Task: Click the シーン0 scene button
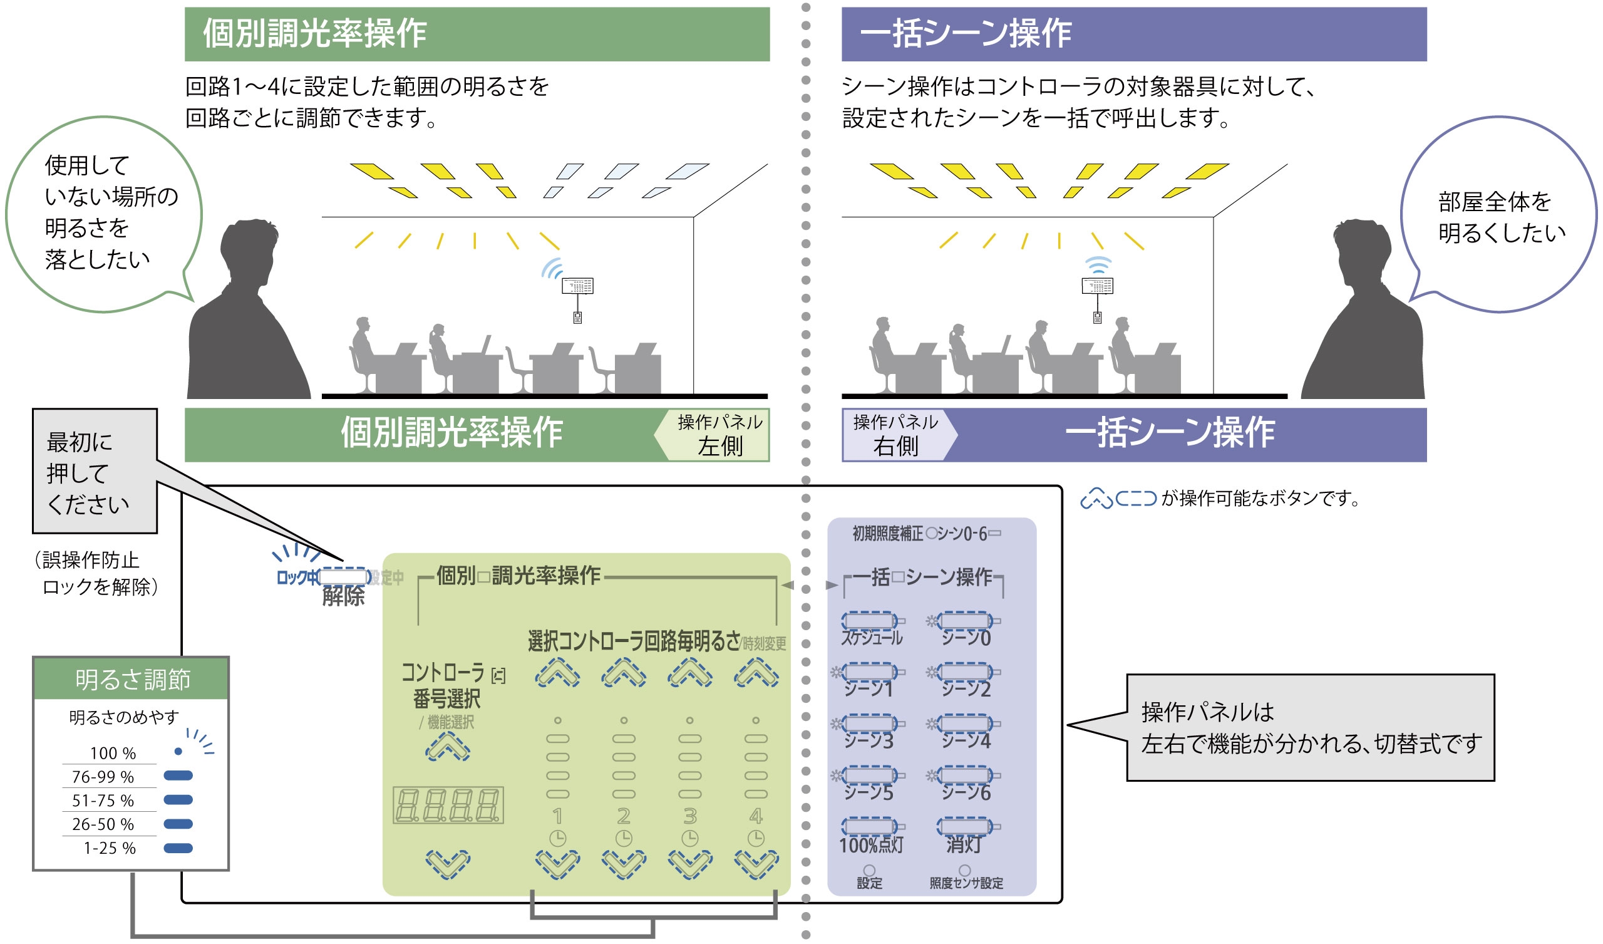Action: pos(965,621)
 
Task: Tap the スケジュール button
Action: pos(870,621)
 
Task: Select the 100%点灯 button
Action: pos(870,827)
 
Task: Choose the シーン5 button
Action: pos(870,775)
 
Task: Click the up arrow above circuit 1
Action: pos(557,673)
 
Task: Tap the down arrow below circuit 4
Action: pos(756,864)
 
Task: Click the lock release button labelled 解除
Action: pos(344,578)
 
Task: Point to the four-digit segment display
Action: pos(448,806)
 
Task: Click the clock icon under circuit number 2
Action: pos(624,838)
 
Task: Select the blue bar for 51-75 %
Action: pos(178,800)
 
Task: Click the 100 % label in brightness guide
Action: pos(113,754)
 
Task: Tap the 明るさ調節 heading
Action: pos(132,680)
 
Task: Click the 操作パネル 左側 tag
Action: pos(719,435)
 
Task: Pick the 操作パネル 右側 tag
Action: pos(895,435)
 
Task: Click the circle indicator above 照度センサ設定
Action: pos(965,870)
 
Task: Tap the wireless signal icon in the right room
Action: pos(1098,266)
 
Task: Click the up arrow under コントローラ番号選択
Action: pos(448,747)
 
